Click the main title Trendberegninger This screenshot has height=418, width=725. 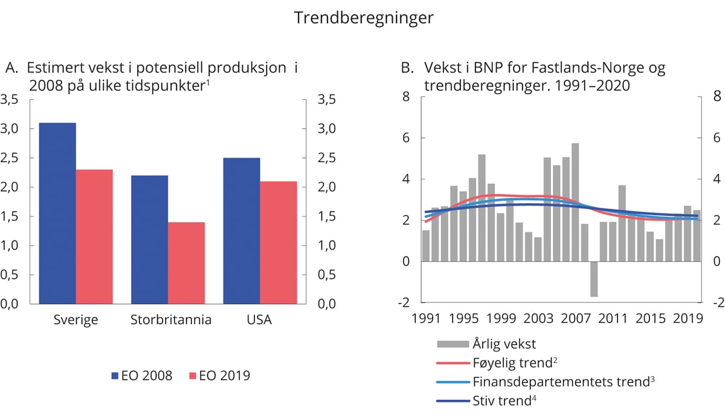363,18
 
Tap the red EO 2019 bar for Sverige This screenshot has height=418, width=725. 94,237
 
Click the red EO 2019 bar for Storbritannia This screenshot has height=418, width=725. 186,263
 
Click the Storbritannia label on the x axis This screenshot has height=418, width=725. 171,320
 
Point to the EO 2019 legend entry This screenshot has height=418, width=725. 219,376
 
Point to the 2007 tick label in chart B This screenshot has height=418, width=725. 576,318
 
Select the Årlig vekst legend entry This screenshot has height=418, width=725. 504,345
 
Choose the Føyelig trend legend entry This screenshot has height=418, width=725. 512,364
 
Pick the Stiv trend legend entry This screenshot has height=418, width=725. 501,400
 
